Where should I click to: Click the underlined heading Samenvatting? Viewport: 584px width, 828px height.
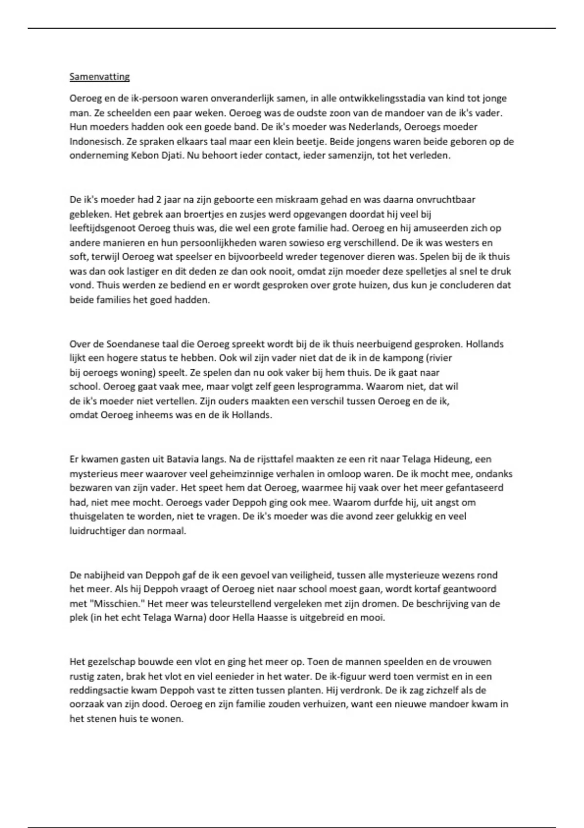(x=99, y=76)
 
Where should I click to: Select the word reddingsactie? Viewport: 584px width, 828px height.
(x=97, y=690)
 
